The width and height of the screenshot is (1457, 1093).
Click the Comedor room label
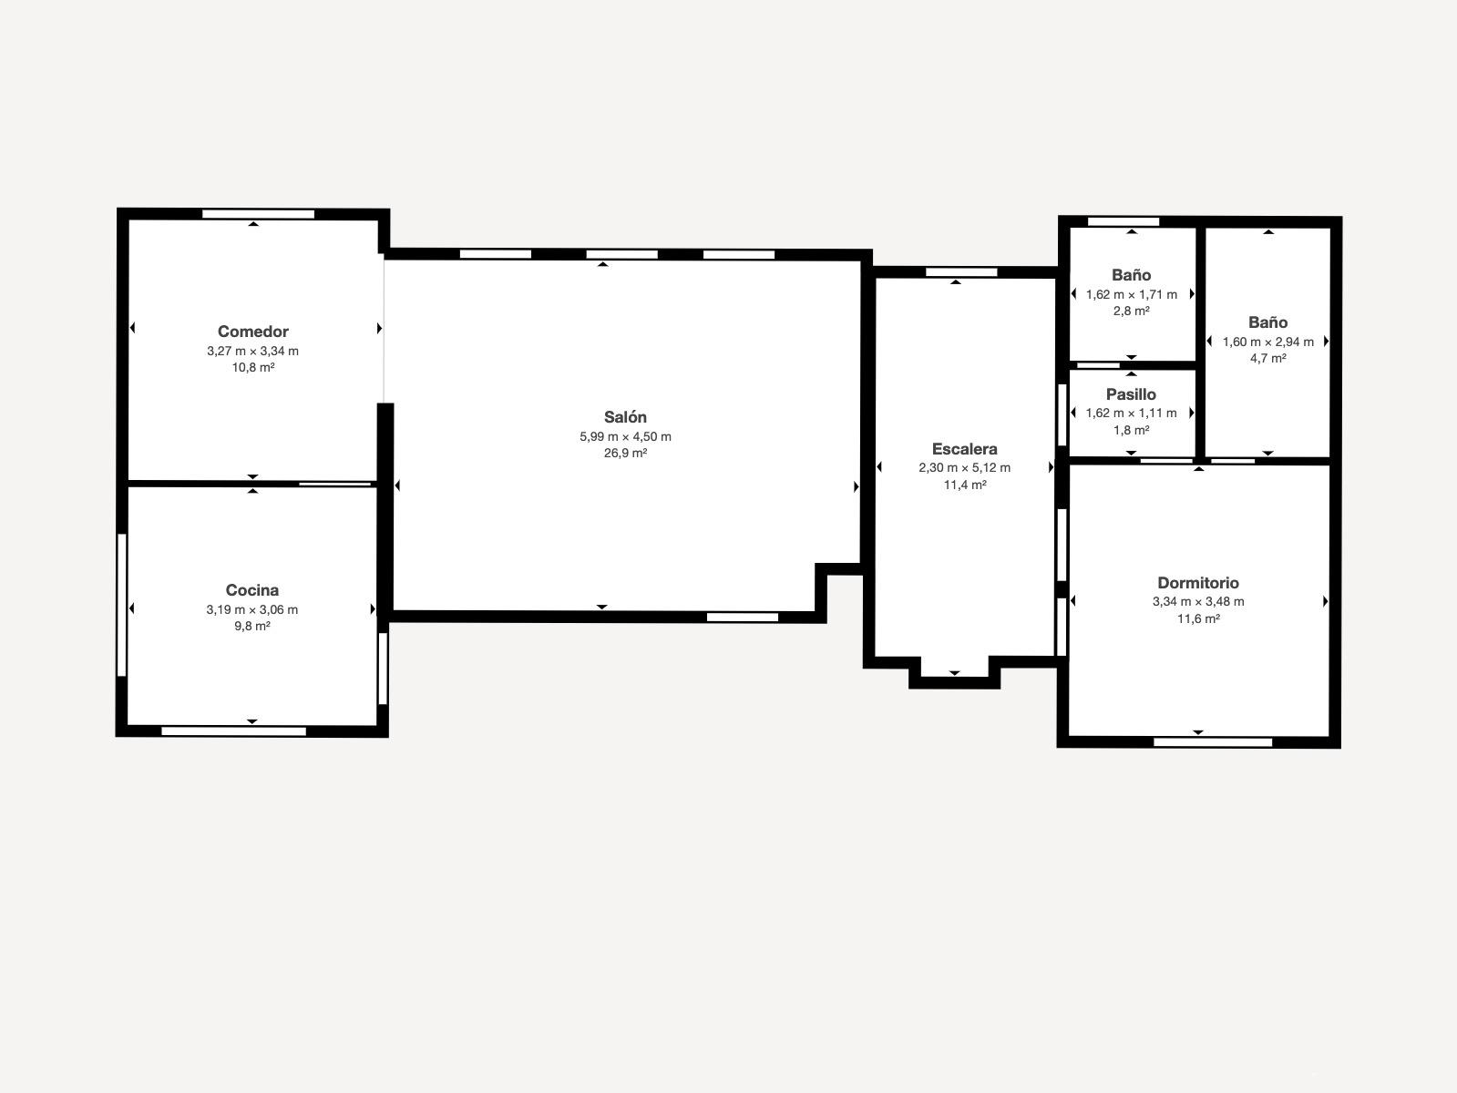click(253, 331)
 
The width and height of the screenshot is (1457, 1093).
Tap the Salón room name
click(625, 416)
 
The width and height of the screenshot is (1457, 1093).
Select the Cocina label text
click(252, 589)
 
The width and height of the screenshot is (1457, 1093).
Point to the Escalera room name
click(964, 448)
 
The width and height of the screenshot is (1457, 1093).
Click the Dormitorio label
click(1198, 582)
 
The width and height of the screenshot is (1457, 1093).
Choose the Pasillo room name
click(1131, 394)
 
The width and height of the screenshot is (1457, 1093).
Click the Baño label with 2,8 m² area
click(1131, 274)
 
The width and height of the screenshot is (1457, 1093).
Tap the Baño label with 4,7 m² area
click(1267, 322)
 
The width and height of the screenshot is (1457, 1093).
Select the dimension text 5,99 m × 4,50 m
click(625, 436)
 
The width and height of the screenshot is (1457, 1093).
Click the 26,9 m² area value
click(625, 453)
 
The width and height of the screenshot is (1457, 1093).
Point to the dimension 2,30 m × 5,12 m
click(964, 467)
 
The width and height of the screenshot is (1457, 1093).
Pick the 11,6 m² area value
click(1198, 618)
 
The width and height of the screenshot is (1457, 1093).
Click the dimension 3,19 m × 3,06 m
click(252, 609)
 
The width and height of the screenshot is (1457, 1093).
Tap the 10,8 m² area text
click(253, 367)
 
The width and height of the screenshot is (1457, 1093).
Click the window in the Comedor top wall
click(258, 214)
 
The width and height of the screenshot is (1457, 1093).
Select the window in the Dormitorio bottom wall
click(1213, 742)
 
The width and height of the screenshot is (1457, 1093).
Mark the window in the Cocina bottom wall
click(233, 730)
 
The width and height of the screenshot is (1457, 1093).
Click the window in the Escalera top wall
click(961, 272)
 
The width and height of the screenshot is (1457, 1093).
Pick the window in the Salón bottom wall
click(742, 618)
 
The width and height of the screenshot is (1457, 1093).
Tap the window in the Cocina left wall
click(121, 605)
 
